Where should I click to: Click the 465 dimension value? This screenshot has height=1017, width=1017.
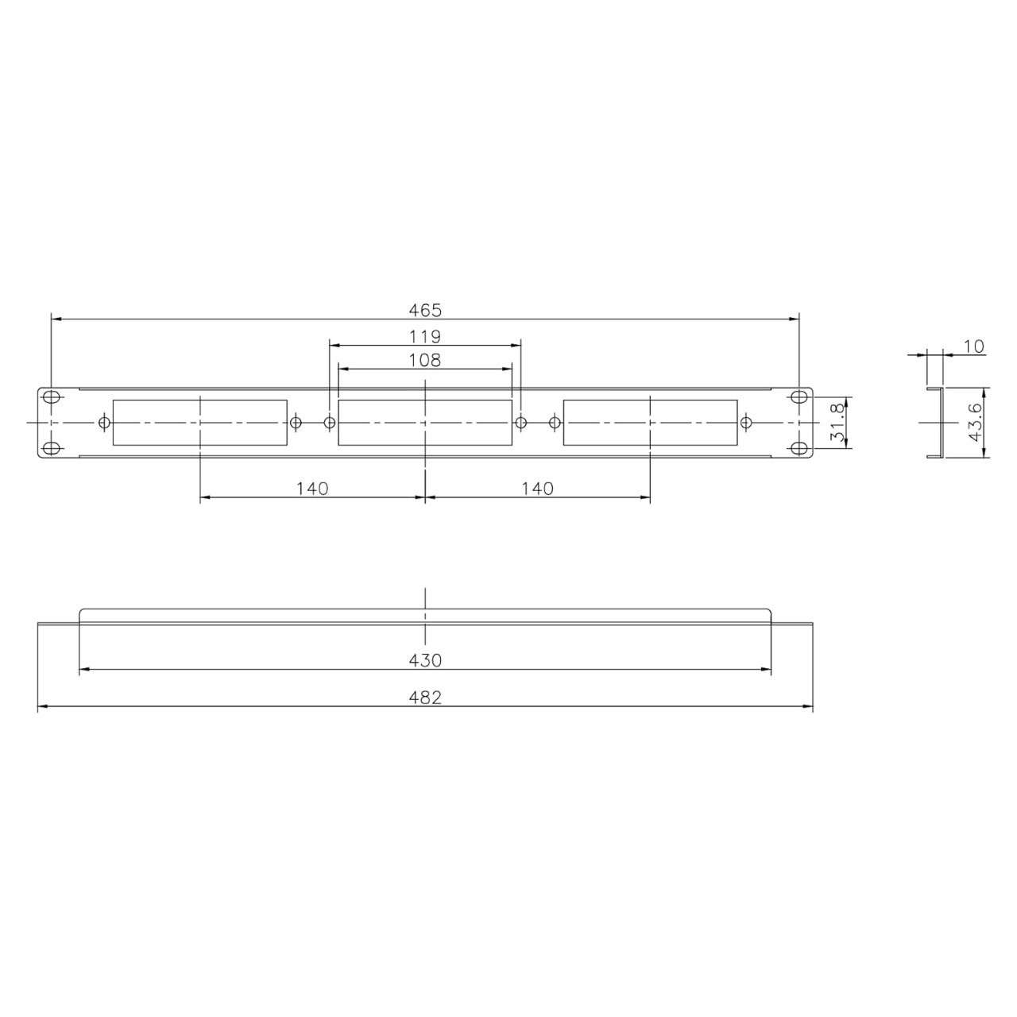(x=425, y=309)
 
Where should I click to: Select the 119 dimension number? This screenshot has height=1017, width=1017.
(x=425, y=336)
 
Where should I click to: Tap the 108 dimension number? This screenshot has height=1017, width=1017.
(x=425, y=360)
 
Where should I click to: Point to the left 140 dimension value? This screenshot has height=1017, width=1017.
(x=312, y=489)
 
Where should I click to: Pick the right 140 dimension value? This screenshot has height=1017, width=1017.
(x=538, y=489)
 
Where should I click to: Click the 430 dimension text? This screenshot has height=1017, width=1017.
(x=425, y=660)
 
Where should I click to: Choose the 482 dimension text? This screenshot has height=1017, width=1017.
(x=425, y=698)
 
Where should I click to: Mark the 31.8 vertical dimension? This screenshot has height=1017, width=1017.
(x=835, y=423)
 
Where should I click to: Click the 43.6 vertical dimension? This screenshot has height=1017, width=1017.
(x=974, y=423)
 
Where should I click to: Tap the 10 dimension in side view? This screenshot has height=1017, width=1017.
(x=973, y=346)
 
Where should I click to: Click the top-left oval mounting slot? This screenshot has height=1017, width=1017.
(x=51, y=396)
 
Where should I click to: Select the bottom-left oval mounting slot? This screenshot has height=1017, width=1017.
(x=51, y=449)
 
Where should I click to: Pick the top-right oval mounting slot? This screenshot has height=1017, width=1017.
(x=799, y=396)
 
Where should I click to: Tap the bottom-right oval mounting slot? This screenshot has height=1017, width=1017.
(x=799, y=449)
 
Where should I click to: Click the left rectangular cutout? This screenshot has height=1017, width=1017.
(x=199, y=423)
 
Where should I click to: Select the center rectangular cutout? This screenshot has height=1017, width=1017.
(x=425, y=423)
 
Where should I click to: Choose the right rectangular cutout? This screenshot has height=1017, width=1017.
(x=650, y=423)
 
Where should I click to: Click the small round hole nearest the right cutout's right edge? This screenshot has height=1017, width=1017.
(x=745, y=423)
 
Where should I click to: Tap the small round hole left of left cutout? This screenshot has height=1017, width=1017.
(x=103, y=423)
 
